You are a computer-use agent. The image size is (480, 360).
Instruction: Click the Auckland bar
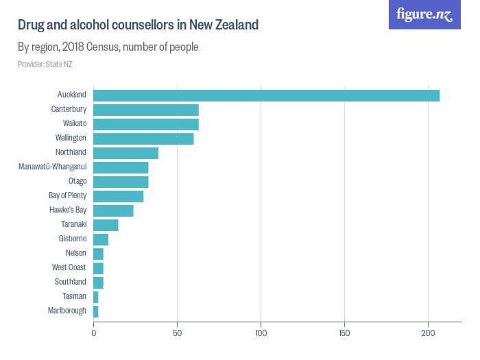click(266, 95)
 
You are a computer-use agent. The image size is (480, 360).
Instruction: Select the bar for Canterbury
click(146, 110)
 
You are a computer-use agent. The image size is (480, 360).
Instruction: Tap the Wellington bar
click(143, 139)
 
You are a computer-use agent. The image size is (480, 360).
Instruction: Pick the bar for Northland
click(126, 153)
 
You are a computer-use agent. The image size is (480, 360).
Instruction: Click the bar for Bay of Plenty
click(119, 196)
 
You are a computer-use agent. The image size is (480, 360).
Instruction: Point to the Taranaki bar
click(106, 225)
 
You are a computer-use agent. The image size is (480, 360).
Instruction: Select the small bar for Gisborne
click(101, 239)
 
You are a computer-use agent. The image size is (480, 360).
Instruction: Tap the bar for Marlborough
click(96, 311)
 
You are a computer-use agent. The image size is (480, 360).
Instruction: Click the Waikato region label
click(74, 123)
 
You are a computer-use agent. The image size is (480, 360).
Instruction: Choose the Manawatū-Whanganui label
click(52, 167)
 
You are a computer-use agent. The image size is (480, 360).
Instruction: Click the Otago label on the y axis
click(77, 181)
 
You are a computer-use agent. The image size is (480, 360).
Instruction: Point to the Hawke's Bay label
click(68, 210)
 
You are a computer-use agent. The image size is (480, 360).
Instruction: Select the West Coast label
click(69, 267)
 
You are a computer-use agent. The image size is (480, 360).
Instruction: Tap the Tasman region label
click(74, 296)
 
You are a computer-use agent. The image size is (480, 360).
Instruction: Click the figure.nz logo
click(424, 15)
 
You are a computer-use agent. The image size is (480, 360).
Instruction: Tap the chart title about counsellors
click(138, 25)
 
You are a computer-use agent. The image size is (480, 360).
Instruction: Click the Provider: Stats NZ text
click(45, 64)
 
